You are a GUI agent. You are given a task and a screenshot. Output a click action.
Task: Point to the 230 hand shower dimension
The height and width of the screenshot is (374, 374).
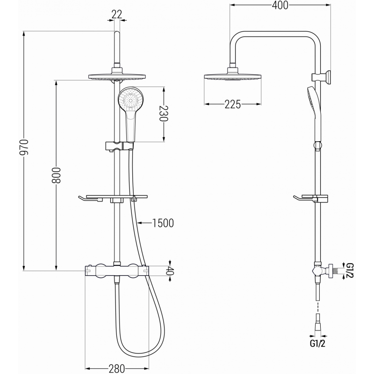tap(164, 113)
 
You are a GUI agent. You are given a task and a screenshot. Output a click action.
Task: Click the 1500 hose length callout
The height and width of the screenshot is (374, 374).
tap(163, 223)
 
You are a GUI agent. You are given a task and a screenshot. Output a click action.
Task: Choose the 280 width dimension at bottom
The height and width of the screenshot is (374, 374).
tap(116, 368)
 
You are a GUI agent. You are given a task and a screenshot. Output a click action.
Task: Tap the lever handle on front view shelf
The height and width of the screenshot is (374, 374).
tap(89, 200)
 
